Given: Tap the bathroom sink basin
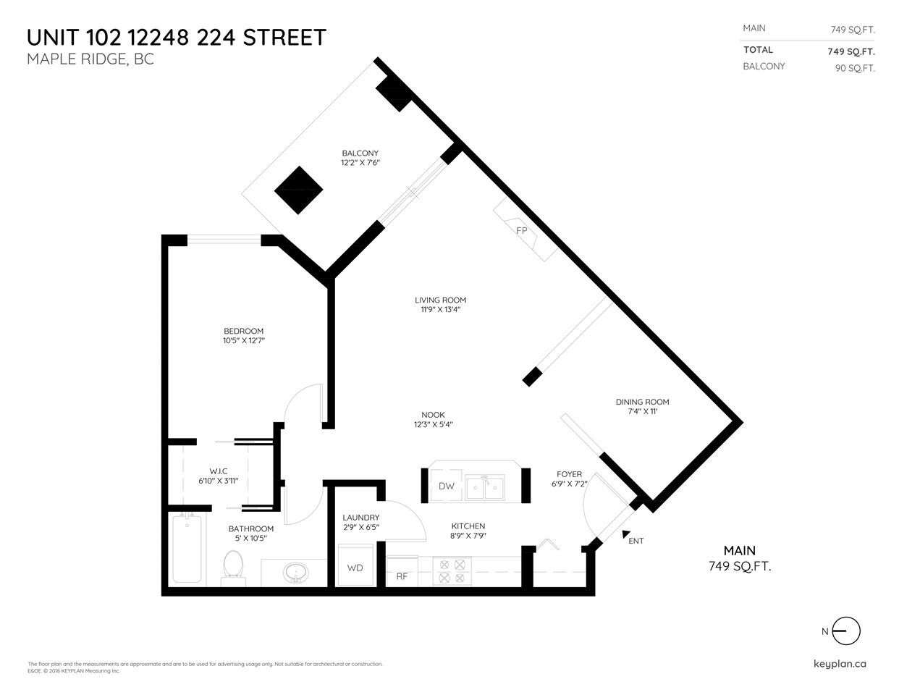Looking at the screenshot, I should point(295,573).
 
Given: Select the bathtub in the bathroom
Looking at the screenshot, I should point(187,548).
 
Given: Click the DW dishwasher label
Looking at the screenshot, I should point(447,486).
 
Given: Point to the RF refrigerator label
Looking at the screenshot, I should point(402,576).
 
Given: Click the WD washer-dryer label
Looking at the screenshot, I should point(355,568).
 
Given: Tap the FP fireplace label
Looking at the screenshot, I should point(521,231).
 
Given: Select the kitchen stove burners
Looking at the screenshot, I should point(452,570).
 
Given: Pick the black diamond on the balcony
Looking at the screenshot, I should point(298,190).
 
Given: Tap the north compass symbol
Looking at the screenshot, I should point(845,631).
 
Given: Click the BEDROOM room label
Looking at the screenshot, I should point(243,331).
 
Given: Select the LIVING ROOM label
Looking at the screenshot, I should point(440,300).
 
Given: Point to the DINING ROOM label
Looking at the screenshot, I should point(642,402).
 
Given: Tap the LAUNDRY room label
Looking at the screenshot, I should point(360,518).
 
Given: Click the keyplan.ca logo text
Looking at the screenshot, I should point(840,664).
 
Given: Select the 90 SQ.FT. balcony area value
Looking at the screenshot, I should point(854,69).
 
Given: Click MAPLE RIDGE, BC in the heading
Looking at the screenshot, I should point(90,59).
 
